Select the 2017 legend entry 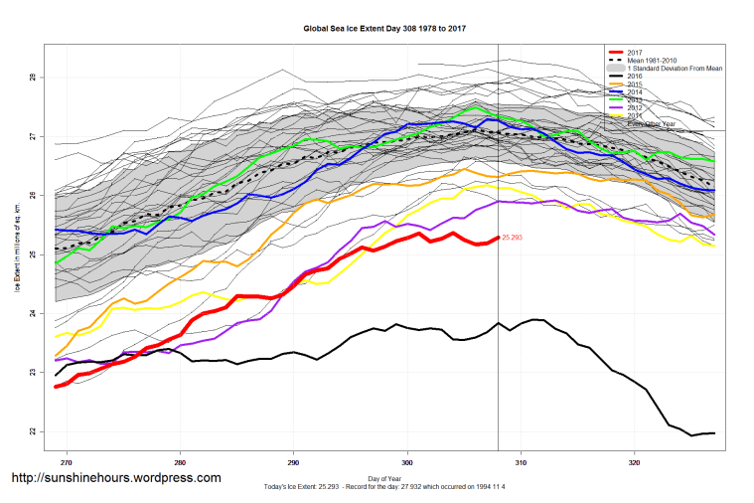[x=636, y=53]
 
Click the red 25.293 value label [x=513, y=238]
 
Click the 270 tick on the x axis [x=67, y=461]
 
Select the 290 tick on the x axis [x=294, y=461]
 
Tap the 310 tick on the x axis [x=521, y=461]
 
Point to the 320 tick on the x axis [x=635, y=461]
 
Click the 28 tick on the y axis [x=32, y=78]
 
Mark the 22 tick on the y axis [x=32, y=431]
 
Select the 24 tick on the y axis [x=32, y=314]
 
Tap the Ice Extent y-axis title [x=17, y=254]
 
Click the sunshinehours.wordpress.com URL [x=115, y=478]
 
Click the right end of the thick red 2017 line [x=497, y=239]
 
